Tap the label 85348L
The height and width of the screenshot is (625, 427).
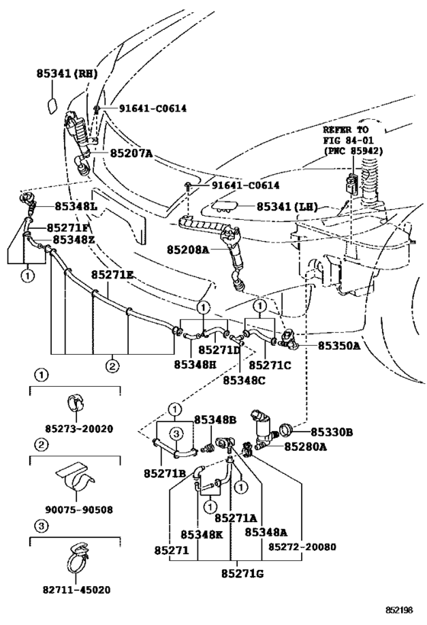tap(75, 206)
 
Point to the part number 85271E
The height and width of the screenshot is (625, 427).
tap(113, 274)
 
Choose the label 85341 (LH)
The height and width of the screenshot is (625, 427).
tap(287, 206)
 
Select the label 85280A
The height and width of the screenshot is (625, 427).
tap(306, 446)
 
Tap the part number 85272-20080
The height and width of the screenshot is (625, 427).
tap(303, 546)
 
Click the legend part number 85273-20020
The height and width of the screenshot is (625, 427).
tap(75, 429)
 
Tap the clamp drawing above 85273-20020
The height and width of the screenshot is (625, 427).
tap(75, 401)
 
